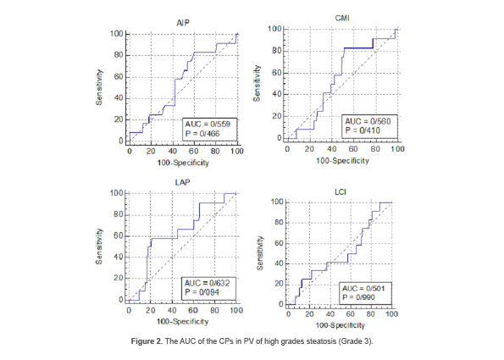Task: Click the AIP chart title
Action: (x=181, y=24)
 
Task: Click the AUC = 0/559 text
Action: (x=208, y=124)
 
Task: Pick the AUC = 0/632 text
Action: (x=208, y=282)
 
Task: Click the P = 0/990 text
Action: (x=362, y=297)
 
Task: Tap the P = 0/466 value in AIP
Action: (x=203, y=133)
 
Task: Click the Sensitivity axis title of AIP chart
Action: (x=100, y=87)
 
